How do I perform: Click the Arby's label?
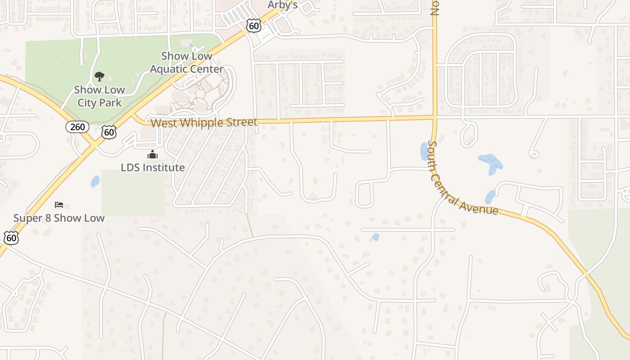[283, 5]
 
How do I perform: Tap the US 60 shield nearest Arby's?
[254, 26]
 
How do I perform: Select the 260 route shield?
[77, 127]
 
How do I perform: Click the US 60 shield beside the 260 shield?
[108, 132]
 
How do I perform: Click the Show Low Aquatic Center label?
[186, 63]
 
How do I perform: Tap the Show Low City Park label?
[99, 96]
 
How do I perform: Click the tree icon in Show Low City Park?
[99, 76]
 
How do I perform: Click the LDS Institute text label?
[153, 167]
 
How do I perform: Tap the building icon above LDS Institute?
[153, 155]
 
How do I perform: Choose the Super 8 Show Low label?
[59, 218]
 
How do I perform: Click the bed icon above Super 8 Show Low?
[59, 205]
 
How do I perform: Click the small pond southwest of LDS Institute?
[95, 181]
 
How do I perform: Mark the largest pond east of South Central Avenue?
[490, 163]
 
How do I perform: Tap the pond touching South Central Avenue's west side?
[424, 151]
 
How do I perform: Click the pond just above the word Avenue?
[490, 197]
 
